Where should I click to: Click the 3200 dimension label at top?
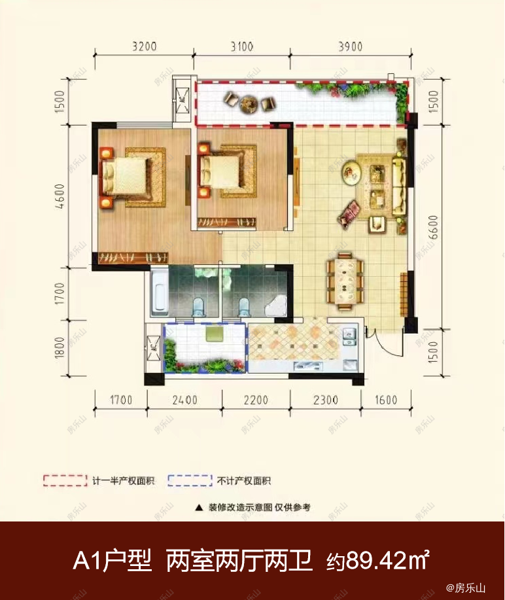coord(145,46)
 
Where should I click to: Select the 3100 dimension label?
coord(242,46)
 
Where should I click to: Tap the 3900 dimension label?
coord(351,46)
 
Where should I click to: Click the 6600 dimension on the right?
coord(432,227)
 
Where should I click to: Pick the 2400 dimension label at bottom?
coord(184,400)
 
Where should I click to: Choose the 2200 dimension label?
coord(256,400)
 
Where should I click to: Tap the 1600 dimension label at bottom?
coord(386,400)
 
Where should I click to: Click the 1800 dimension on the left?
coord(60,347)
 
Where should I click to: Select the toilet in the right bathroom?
coord(244,307)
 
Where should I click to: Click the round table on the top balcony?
coord(249,103)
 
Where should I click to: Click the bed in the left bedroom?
coord(124,177)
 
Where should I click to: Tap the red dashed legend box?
coord(65,481)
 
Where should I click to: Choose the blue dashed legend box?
coord(190,481)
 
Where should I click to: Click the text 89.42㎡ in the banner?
coord(387,561)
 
